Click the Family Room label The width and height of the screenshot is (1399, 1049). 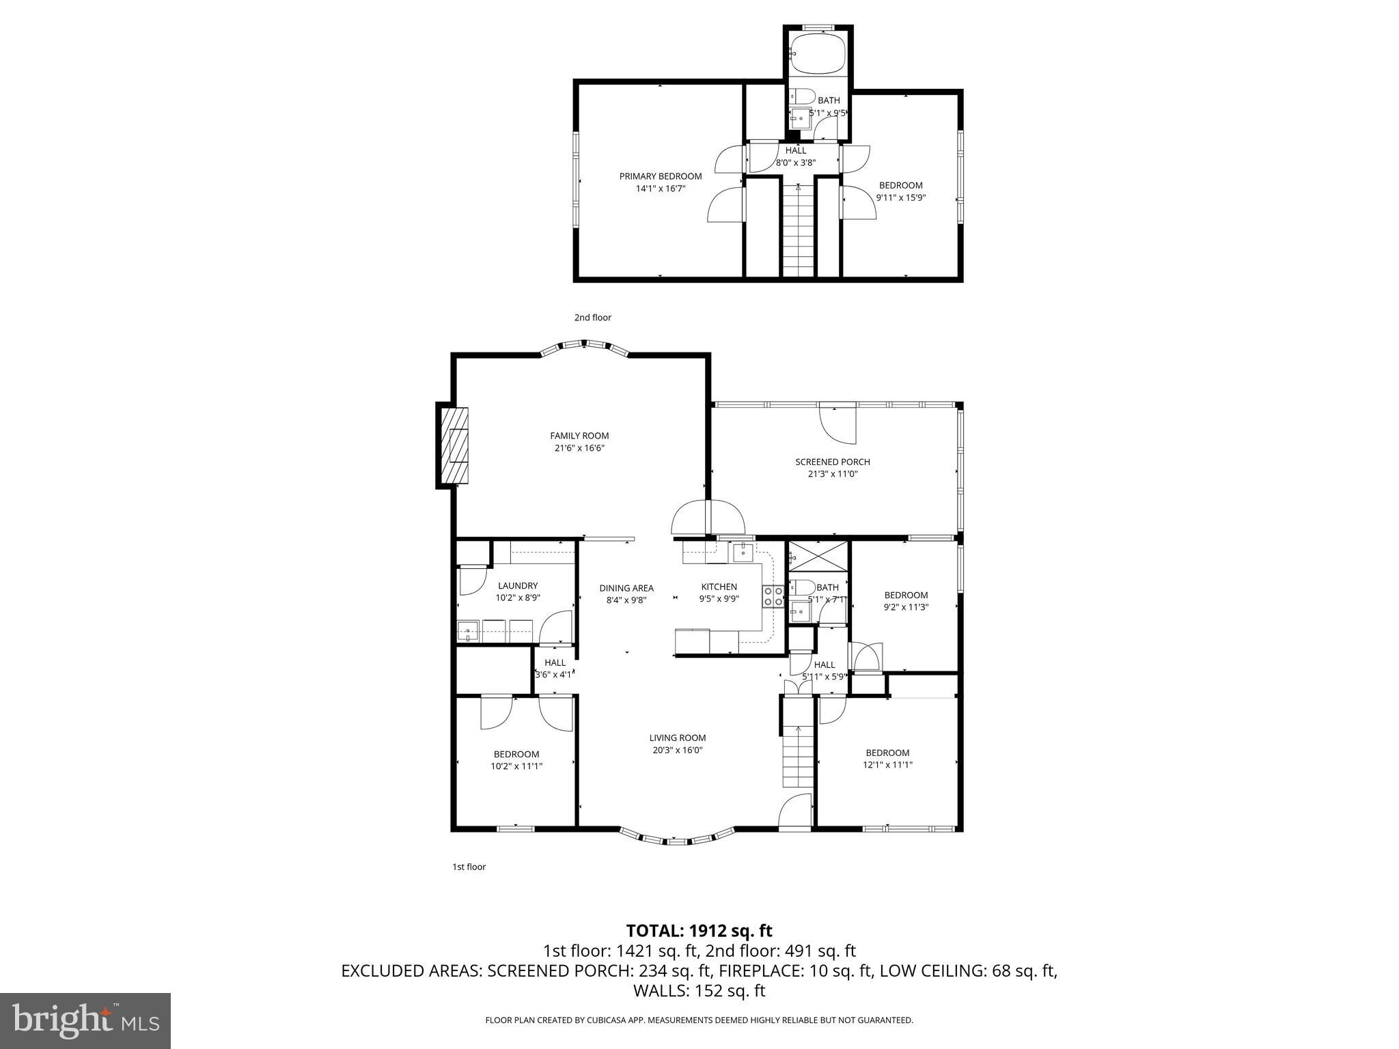[x=579, y=436]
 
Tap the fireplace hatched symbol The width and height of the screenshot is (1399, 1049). [x=454, y=445]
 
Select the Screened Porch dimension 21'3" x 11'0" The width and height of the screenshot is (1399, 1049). [x=832, y=474]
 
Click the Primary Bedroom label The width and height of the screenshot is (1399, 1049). [x=660, y=176]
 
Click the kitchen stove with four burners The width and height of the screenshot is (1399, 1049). [x=773, y=596]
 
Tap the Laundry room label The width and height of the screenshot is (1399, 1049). [x=518, y=585]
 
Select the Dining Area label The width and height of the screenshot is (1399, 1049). [x=626, y=588]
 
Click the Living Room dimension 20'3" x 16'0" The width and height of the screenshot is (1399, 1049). [x=677, y=750]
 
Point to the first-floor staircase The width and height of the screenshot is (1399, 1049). [x=797, y=755]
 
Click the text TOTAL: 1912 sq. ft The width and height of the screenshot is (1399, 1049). [x=699, y=930]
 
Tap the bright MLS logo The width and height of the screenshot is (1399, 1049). [x=85, y=1020]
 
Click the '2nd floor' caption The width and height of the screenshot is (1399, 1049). [x=592, y=318]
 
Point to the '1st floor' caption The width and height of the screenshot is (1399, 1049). [x=469, y=867]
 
